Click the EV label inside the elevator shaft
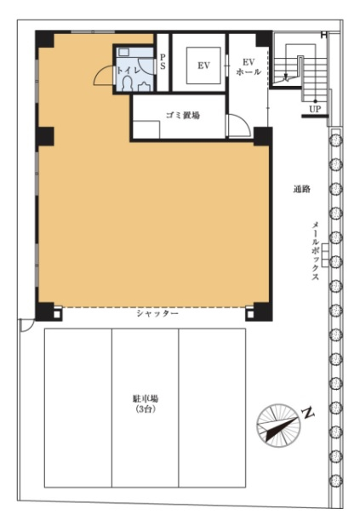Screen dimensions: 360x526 [x=203, y=66]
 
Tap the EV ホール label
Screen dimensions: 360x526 [x=249, y=66]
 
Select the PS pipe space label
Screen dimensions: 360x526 [x=163, y=62]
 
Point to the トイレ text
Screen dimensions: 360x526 [x=128, y=71]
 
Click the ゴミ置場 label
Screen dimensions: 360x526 [x=183, y=116]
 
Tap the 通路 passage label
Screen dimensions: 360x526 [x=301, y=189]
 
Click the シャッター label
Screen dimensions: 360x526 [x=157, y=313]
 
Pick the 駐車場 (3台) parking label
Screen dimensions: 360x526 [x=145, y=404]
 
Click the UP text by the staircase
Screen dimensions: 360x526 [x=315, y=109]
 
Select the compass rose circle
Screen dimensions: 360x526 [x=278, y=426]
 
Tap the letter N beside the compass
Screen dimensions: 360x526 [x=308, y=413]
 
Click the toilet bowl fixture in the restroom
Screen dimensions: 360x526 [x=127, y=84]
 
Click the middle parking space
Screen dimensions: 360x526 [x=146, y=408]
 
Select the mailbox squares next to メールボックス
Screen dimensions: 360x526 [x=325, y=255]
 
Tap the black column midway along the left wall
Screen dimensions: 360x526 [x=44, y=136]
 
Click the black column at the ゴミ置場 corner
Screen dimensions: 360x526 [x=262, y=136]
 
